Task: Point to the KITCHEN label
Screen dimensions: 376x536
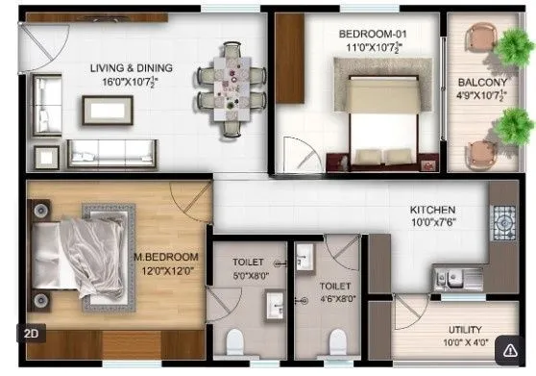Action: (432, 210)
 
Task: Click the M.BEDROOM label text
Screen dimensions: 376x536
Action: (165, 258)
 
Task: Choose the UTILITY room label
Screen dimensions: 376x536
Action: (445, 327)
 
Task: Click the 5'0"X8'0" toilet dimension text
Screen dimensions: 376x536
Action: (252, 274)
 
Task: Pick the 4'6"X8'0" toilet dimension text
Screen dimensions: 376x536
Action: (334, 298)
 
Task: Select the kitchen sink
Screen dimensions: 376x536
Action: (459, 277)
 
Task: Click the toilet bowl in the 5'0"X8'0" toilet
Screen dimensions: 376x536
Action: (235, 342)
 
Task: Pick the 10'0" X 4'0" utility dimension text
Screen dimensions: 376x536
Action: (445, 341)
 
